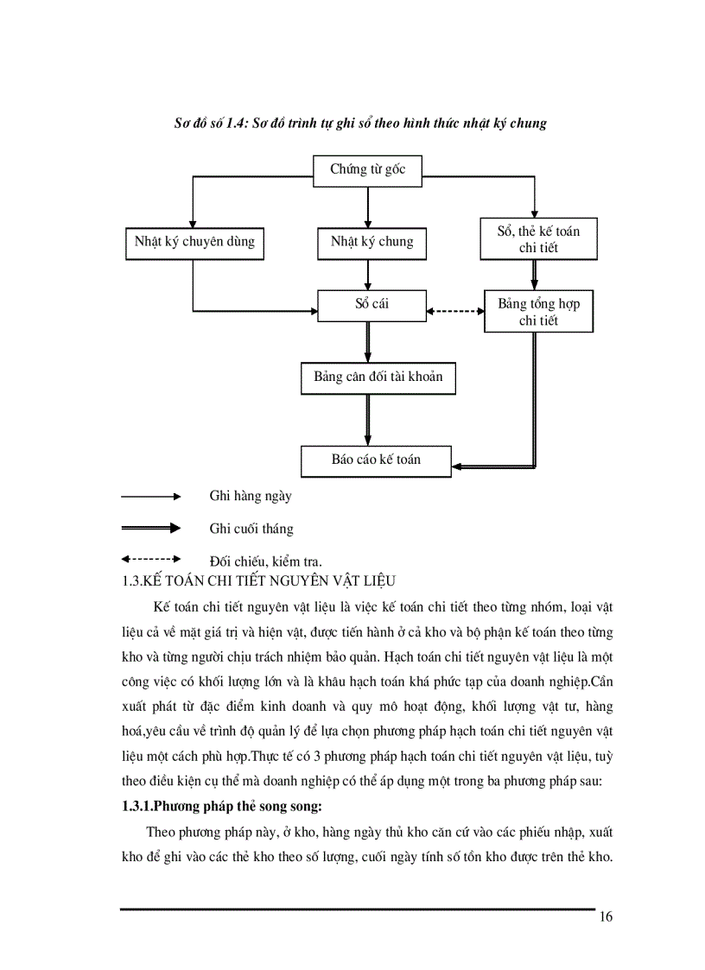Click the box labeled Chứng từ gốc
click(x=368, y=169)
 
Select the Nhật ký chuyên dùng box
click(x=194, y=242)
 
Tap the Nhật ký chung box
click(x=372, y=242)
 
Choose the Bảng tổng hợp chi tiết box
click(x=538, y=312)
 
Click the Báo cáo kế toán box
click(x=376, y=460)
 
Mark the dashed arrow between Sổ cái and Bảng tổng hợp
click(x=456, y=311)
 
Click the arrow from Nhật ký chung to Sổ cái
click(x=368, y=275)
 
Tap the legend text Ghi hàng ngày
click(x=251, y=497)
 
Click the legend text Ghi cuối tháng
click(x=251, y=529)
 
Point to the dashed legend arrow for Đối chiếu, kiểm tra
click(x=151, y=559)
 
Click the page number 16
click(x=606, y=916)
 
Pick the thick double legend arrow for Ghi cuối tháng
click(x=151, y=528)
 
